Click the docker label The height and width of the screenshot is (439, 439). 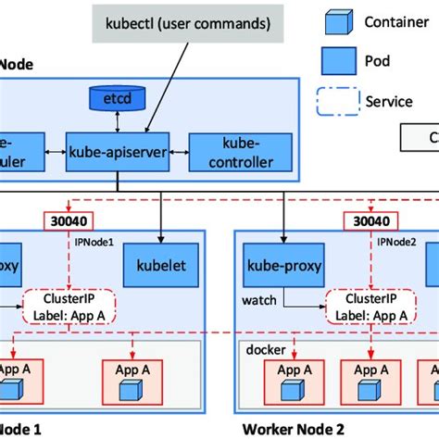click(x=264, y=351)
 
